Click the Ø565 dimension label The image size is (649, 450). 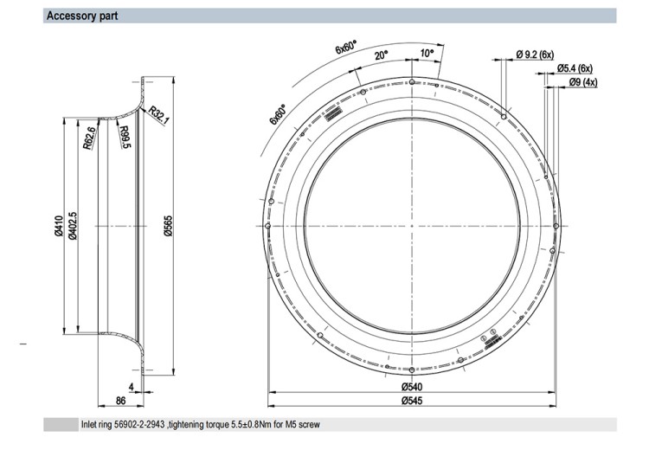coord(168,226)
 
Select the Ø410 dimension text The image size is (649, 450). coord(58,226)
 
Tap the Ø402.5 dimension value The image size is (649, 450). coord(73,226)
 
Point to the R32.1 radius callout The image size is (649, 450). coord(159,115)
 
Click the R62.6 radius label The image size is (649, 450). coord(89,138)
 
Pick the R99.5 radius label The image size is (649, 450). coord(125,137)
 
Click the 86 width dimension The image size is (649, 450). coord(120,401)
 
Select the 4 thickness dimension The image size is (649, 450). coord(132,387)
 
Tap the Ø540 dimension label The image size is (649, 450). coord(412,387)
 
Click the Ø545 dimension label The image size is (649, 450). coord(412,401)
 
